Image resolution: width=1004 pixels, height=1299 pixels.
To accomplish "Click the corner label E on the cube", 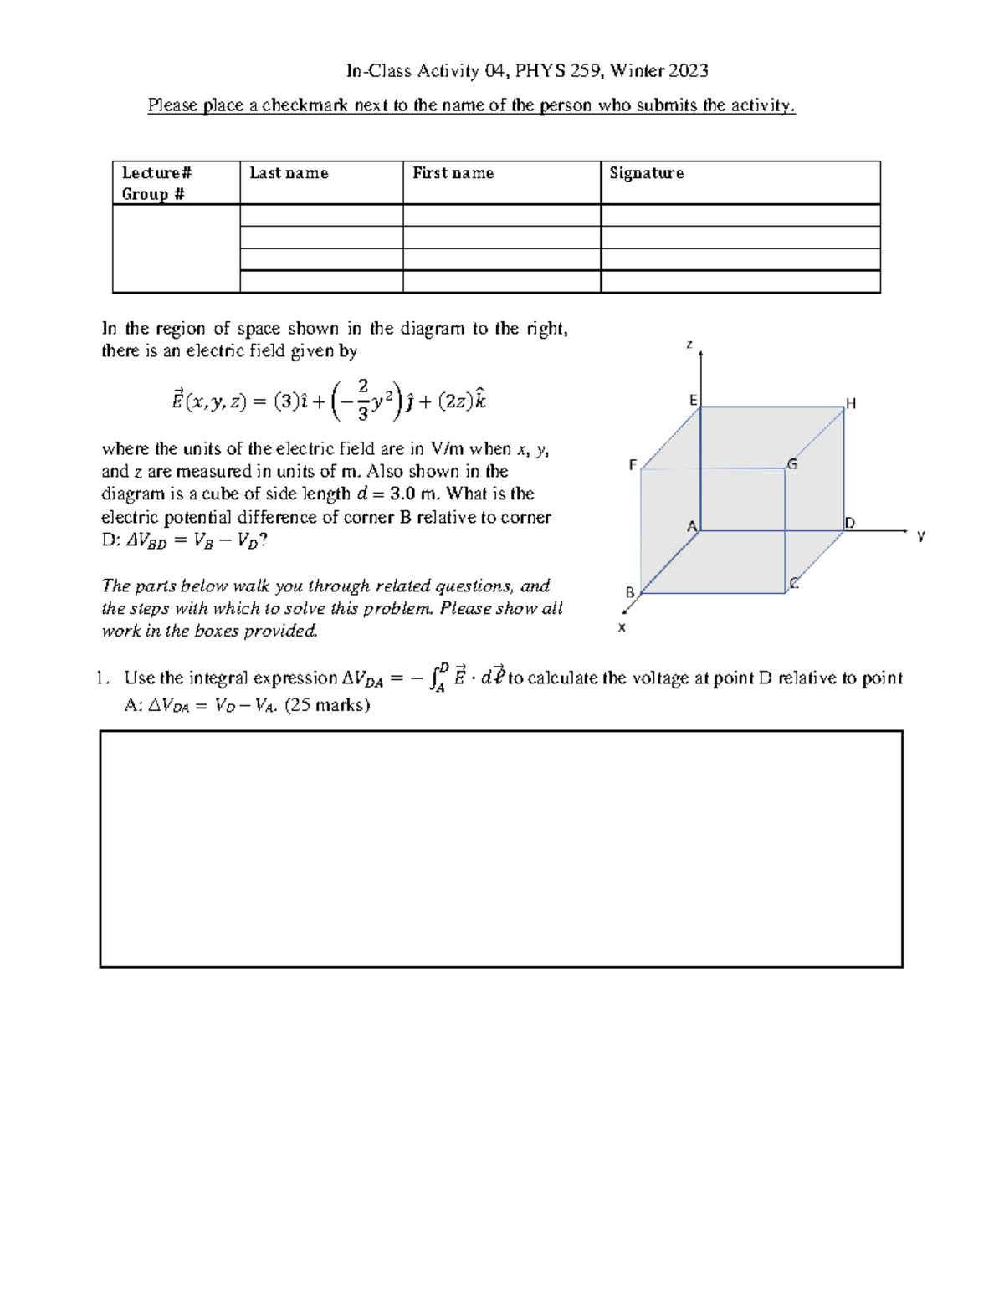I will [693, 401].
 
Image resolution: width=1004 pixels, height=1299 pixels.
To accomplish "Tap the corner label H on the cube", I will [851, 404].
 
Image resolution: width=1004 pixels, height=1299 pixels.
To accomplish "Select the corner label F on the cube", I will [633, 465].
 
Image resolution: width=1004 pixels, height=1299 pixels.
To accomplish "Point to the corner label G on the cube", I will [791, 464].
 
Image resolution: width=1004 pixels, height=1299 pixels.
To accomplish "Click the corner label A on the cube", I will [692, 526].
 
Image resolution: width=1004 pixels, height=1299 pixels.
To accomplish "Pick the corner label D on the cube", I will [850, 524].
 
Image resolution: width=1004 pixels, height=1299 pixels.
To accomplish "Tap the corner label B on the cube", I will [630, 592].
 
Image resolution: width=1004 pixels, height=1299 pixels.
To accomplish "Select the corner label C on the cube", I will [794, 583].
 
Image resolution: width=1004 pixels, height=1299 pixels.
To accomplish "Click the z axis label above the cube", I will [689, 344].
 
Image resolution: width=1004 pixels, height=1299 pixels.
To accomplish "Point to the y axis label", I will [920, 536].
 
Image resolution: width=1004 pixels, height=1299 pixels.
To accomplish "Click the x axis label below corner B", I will [622, 627].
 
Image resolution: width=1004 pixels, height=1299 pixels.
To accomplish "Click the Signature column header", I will [646, 173].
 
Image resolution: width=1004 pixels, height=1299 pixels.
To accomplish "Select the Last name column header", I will [289, 173].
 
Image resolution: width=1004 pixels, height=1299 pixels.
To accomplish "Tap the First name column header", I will [453, 173].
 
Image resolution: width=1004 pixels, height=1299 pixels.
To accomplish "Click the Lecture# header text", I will [156, 173].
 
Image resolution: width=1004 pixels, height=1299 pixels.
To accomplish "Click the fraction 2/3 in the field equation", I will [362, 399].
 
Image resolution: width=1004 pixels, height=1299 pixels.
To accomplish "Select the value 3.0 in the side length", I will [402, 494].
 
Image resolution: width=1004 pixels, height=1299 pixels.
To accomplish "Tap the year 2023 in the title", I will [688, 71].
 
